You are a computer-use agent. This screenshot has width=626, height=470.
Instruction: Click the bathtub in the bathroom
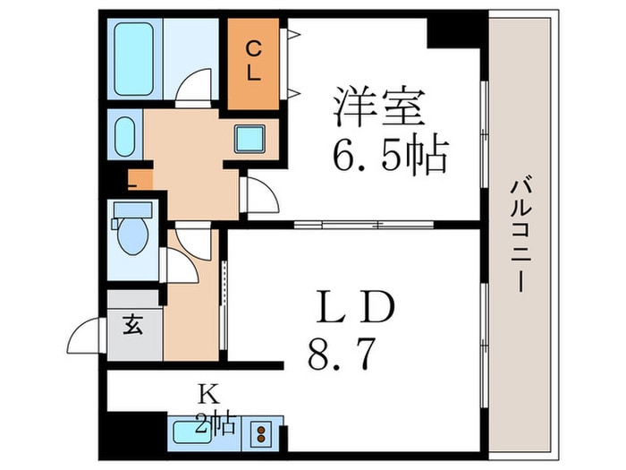click(x=133, y=59)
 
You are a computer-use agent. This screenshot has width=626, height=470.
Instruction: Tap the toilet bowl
click(x=133, y=235)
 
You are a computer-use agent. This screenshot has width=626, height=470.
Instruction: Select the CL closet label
click(x=253, y=62)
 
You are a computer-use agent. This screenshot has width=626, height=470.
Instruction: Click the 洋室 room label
click(x=379, y=106)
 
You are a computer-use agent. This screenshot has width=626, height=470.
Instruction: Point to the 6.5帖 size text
click(x=390, y=154)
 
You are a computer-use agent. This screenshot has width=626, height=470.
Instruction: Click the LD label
click(x=355, y=307)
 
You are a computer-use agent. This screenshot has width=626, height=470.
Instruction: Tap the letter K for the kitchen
click(x=208, y=395)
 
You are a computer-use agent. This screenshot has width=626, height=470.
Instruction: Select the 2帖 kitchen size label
click(x=216, y=423)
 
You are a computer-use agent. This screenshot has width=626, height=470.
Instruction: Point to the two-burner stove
click(x=261, y=434)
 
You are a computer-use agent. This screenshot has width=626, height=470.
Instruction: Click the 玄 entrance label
click(x=133, y=324)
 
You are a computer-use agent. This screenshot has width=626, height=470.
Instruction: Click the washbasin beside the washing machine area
click(x=125, y=136)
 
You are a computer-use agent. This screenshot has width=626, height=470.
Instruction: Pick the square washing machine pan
click(x=250, y=139)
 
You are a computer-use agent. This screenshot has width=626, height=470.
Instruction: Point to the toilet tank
click(x=133, y=209)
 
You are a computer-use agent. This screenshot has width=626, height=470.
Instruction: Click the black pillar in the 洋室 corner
click(x=453, y=33)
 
